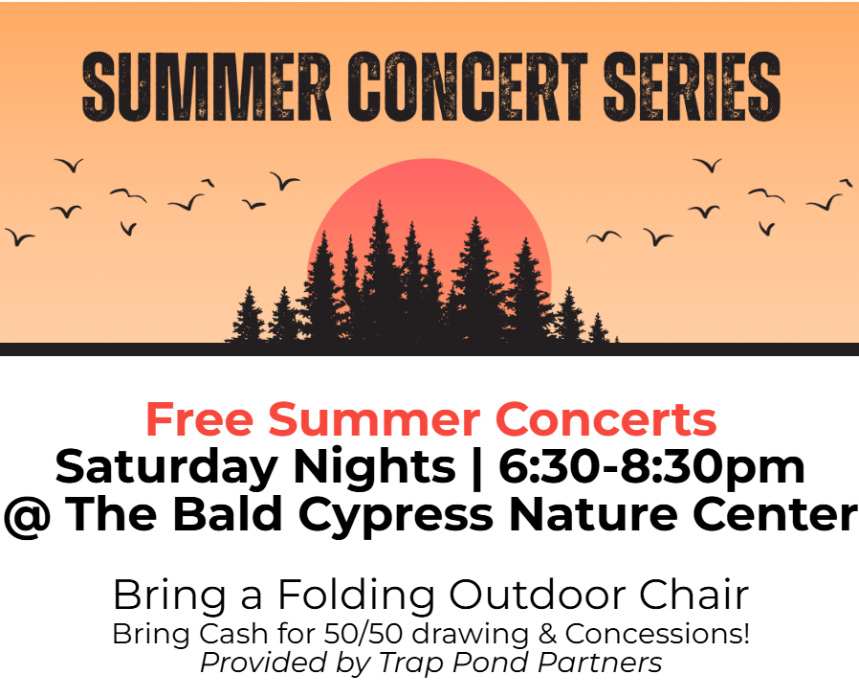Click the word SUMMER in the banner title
point(207,86)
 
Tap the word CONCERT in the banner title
point(467,86)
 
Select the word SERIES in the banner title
point(692,86)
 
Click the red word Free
point(199,419)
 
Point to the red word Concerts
point(606,419)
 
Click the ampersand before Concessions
point(547,634)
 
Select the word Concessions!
point(657,634)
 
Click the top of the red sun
point(430,159)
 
